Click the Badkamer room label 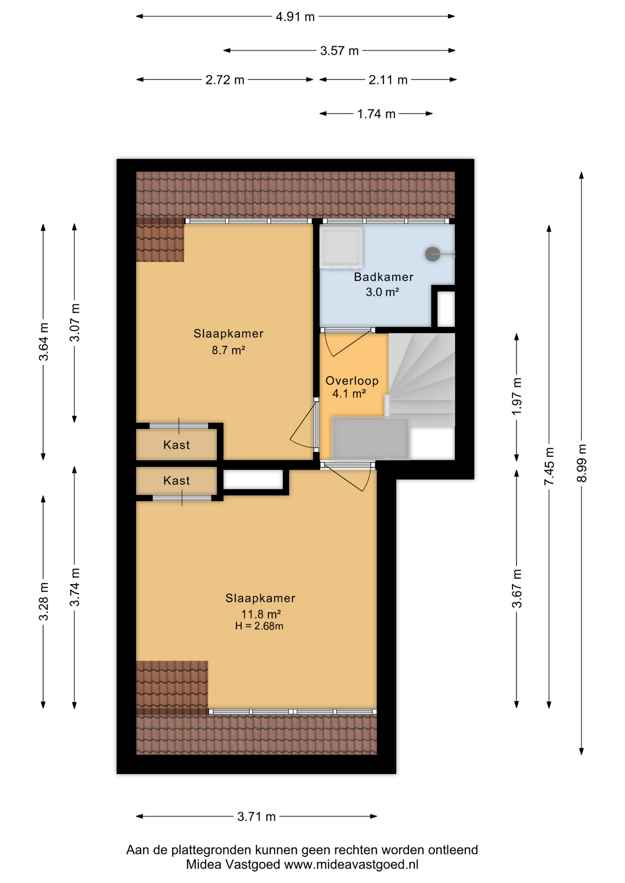tap(383, 277)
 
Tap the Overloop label tap(352, 381)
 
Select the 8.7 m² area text tap(228, 350)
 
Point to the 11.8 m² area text tap(261, 614)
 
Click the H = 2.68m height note tap(259, 626)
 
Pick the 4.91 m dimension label tap(295, 17)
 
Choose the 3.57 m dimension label tap(339, 51)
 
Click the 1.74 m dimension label tap(376, 114)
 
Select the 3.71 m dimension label tap(256, 817)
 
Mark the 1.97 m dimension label tap(517, 396)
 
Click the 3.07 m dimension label tap(75, 323)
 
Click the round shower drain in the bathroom tap(432, 254)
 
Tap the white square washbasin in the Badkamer tap(341, 247)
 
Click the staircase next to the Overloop tap(422, 380)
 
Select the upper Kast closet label tap(177, 445)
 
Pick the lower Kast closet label tap(177, 481)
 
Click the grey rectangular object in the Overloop tap(370, 438)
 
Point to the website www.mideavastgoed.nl tap(351, 865)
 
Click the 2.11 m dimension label tap(388, 80)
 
